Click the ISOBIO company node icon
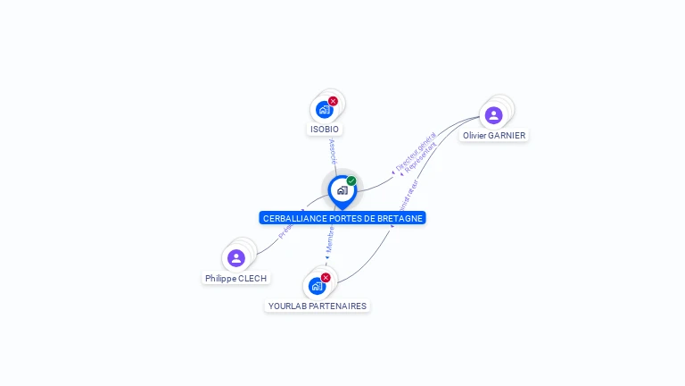coord(324,110)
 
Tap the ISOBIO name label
coord(325,130)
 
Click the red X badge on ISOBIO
coord(333,101)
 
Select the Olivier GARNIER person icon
coord(493,115)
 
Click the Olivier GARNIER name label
coord(494,136)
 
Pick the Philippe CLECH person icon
coord(236,258)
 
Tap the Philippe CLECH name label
coord(235,279)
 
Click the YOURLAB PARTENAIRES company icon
coord(317,286)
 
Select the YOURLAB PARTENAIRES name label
coord(318,306)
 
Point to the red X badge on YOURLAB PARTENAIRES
coord(326,278)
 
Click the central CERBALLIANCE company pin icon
coord(342,190)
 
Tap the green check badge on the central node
coord(351,181)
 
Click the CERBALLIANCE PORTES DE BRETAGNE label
coord(342,218)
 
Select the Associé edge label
coord(333,151)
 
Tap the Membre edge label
coord(329,238)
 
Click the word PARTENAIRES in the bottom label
coord(336,306)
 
